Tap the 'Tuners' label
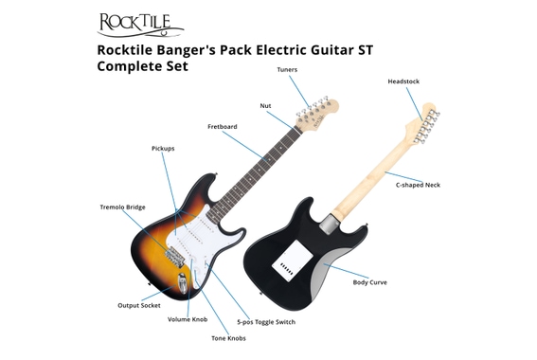(287, 70)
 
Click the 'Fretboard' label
(224, 127)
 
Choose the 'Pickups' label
(163, 149)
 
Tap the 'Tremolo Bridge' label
(122, 207)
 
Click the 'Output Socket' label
(138, 305)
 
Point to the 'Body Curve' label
(370, 282)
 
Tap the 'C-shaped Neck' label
(418, 185)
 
